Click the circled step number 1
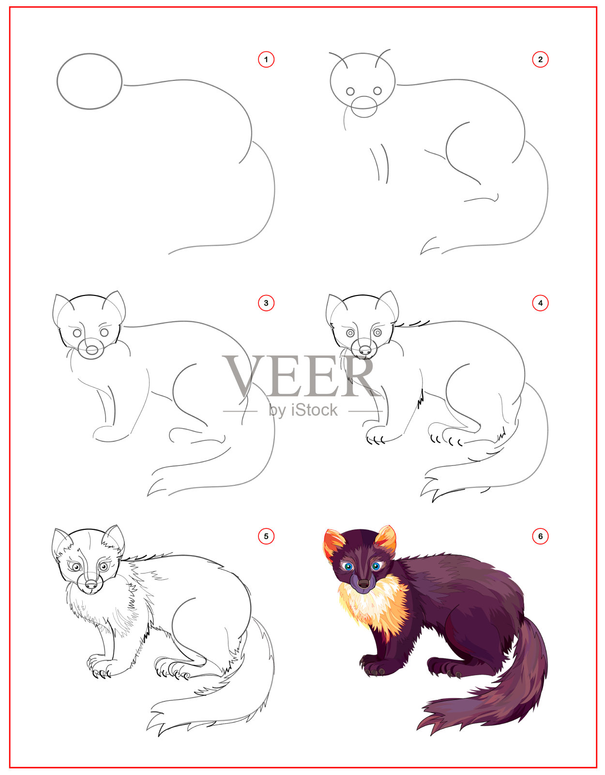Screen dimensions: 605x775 point(266,60)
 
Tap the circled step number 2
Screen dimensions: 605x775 point(540,60)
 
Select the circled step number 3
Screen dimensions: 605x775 point(266,303)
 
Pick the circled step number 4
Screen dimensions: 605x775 point(540,303)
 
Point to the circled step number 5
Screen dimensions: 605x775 point(266,536)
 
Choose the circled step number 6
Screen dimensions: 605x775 point(540,536)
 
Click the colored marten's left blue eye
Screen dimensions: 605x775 point(348,566)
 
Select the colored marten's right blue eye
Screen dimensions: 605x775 point(376,566)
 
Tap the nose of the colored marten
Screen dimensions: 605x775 point(363,584)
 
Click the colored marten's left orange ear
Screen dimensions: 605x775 point(333,544)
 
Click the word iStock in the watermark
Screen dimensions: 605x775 point(314,410)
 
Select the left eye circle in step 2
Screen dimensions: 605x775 point(350,91)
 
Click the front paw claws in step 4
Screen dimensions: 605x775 point(375,440)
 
